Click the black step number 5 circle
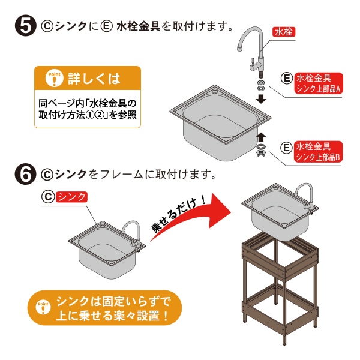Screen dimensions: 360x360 (26, 26)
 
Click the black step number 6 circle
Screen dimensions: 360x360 (26, 174)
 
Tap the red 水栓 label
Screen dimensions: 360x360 (284, 32)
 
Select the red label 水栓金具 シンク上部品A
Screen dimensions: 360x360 (319, 83)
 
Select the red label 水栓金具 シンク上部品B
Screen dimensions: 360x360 (318, 152)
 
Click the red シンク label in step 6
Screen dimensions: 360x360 (71, 197)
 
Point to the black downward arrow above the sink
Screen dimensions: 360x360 (261, 99)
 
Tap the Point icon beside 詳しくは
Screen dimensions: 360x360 (54, 78)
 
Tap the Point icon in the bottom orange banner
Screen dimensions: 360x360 (43, 307)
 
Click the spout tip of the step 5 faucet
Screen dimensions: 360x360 (240, 48)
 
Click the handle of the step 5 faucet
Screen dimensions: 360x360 (253, 65)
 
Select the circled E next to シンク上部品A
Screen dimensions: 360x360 (287, 79)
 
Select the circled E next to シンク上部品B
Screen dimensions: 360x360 (287, 147)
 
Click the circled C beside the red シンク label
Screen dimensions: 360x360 (48, 197)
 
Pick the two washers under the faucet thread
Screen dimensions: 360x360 (261, 85)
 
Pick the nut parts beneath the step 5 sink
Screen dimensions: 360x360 (261, 149)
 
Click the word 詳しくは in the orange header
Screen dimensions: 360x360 (94, 79)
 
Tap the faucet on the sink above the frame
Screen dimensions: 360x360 (306, 197)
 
